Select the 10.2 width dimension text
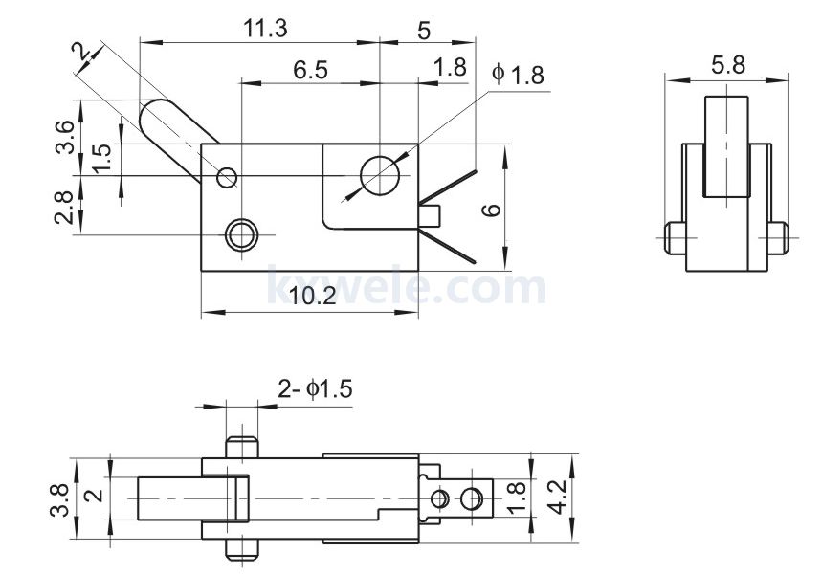point(312,297)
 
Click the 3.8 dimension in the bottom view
point(59,500)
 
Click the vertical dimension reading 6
point(491,209)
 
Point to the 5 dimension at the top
point(424,30)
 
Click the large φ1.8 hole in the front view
point(380,175)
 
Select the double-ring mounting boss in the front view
point(240,232)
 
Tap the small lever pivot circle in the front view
point(227,177)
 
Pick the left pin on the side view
point(673,236)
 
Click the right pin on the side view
point(778,236)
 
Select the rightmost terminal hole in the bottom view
point(471,498)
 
